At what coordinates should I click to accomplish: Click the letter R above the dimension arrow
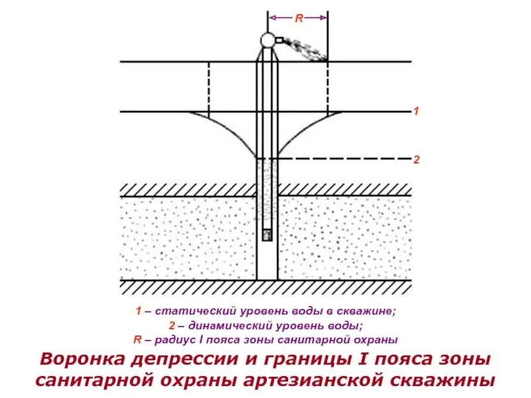(x=299, y=19)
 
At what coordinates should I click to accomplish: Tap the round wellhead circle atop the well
(x=267, y=40)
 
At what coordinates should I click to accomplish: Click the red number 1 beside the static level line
(x=416, y=111)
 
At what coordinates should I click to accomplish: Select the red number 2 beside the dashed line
(x=416, y=160)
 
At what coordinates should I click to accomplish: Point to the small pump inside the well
(x=267, y=235)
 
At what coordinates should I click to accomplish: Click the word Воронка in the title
(x=82, y=360)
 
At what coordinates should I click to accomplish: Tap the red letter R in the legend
(x=137, y=340)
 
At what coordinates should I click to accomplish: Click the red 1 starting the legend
(x=138, y=310)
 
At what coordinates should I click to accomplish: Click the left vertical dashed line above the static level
(x=209, y=86)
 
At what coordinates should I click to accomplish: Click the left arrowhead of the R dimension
(x=271, y=19)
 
